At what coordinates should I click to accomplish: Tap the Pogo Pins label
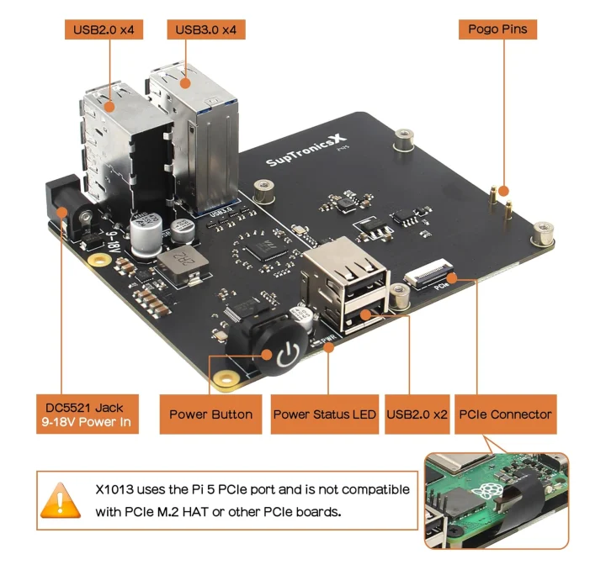tap(497, 29)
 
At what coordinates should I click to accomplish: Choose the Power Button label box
tap(210, 414)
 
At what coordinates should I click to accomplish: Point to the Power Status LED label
tap(324, 414)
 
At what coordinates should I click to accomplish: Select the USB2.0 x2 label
tap(417, 414)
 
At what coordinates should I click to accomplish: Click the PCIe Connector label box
tap(505, 414)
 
